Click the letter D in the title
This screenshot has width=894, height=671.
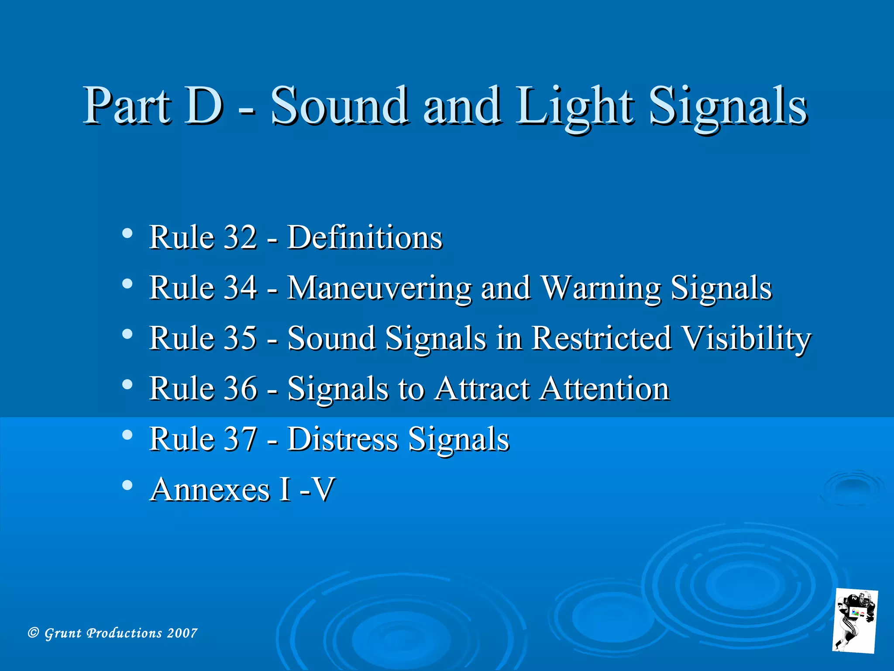[203, 106]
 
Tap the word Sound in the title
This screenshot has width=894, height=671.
[339, 106]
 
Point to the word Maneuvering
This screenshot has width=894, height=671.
[379, 288]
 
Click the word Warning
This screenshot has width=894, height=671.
[601, 288]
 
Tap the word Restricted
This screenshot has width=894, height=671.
[601, 338]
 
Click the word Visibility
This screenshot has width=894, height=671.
[746, 338]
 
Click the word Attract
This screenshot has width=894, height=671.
[482, 388]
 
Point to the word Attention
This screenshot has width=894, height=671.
[604, 388]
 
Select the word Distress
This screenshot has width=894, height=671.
[343, 439]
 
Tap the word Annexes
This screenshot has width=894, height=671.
[210, 489]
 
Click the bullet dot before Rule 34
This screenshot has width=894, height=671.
[127, 284]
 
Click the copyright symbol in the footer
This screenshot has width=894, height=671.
[33, 633]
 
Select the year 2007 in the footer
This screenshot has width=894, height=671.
[182, 633]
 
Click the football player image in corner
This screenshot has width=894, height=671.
[855, 621]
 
